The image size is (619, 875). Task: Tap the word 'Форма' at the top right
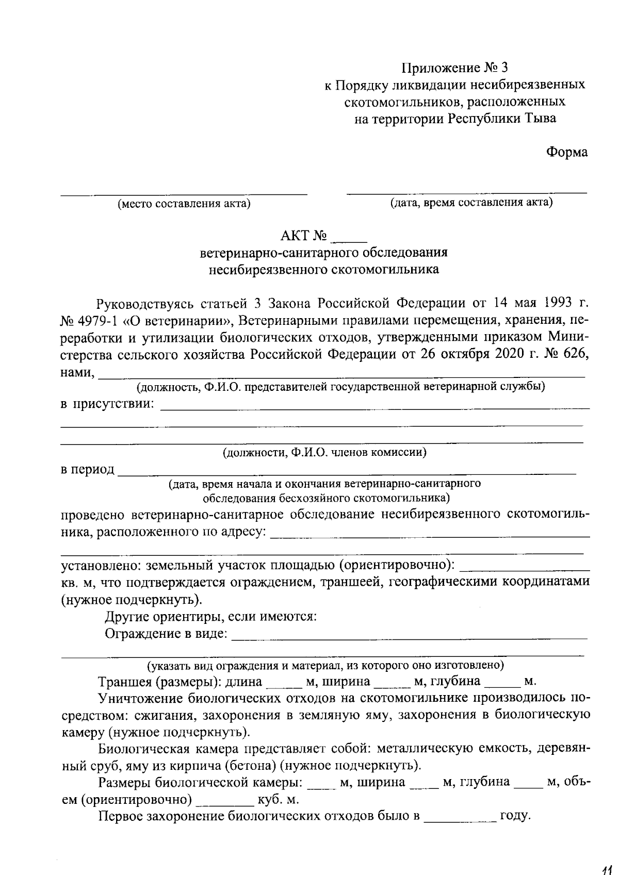pos(566,152)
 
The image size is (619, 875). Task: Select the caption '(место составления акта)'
pos(184,203)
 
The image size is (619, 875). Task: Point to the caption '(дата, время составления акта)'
pos(471,202)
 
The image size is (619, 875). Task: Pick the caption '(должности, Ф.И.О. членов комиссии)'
pos(324,453)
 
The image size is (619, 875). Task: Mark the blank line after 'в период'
pos(346,470)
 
